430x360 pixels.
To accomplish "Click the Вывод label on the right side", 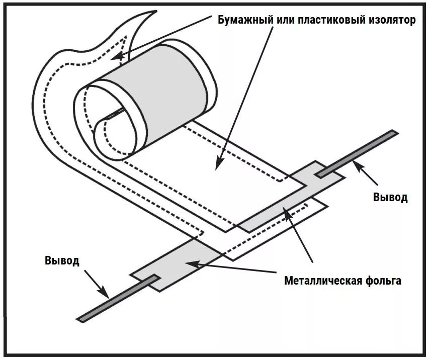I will (390, 197).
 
